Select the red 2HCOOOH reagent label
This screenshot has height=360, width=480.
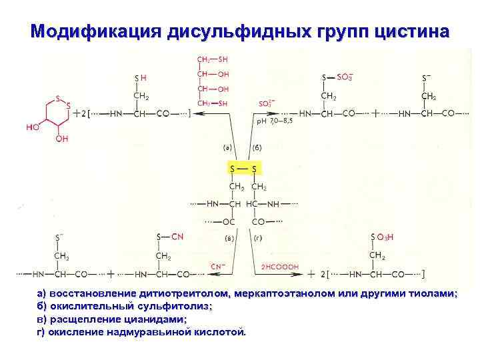point(279,267)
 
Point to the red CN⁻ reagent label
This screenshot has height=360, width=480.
point(218,267)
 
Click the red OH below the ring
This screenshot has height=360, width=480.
point(62,139)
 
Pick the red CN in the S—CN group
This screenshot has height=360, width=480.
point(177,236)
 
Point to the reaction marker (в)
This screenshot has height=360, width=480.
point(229,237)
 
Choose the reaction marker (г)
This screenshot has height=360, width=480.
point(258,237)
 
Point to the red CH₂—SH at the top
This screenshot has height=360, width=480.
point(213,60)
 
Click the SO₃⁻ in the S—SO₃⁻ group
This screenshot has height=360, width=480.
point(345,77)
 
